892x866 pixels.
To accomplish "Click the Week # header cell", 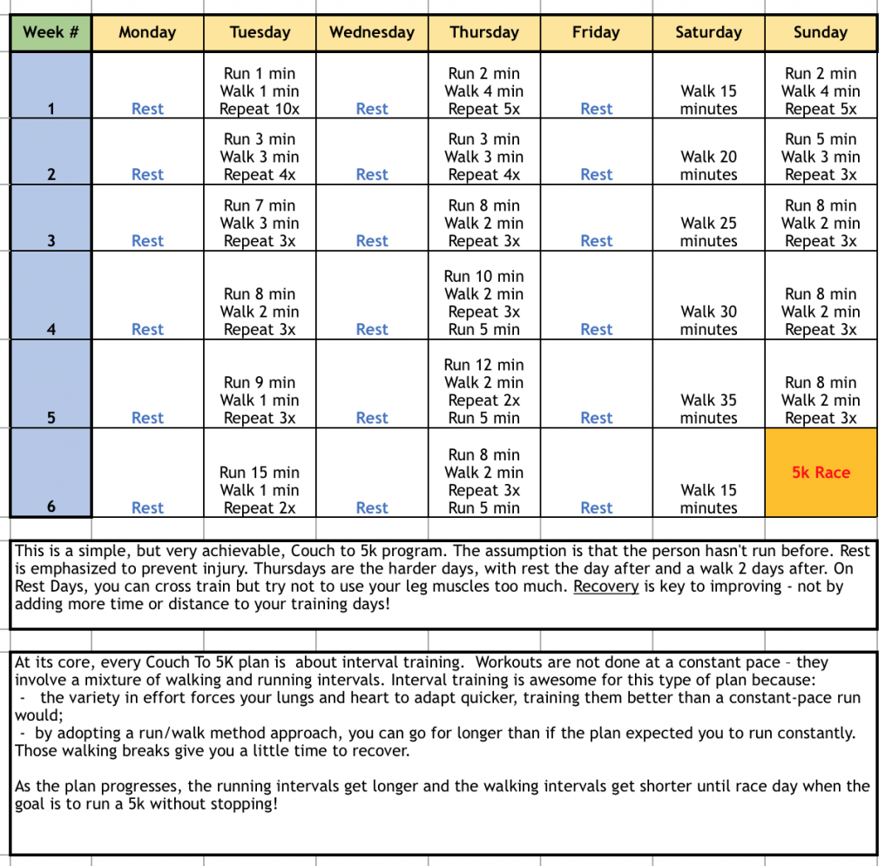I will (x=51, y=33).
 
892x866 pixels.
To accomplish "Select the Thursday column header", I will (x=484, y=33).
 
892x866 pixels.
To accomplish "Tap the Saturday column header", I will (x=708, y=33).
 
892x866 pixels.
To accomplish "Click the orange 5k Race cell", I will (x=821, y=473).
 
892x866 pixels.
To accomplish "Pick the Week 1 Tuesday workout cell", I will (x=260, y=91).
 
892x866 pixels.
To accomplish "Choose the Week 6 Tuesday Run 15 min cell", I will (x=260, y=490).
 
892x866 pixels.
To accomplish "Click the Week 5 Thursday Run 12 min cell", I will (x=484, y=391).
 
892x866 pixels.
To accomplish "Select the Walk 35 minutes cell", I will (x=708, y=409).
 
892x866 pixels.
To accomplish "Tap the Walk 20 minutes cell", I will (x=708, y=165).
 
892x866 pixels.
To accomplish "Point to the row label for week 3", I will (x=51, y=241).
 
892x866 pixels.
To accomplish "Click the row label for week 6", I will (x=51, y=507).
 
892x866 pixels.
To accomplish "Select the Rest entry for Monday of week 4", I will (x=147, y=330).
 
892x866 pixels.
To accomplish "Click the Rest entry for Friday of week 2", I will (x=597, y=175).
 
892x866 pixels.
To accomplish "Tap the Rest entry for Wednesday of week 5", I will (x=372, y=419).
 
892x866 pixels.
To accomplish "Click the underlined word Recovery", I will (x=606, y=587).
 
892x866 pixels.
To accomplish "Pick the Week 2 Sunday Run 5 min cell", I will (x=821, y=157).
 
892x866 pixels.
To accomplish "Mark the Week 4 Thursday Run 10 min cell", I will (x=484, y=303).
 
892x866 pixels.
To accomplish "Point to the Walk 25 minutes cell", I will (x=708, y=232).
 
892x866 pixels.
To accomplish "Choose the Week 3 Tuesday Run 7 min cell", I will (x=260, y=224).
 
